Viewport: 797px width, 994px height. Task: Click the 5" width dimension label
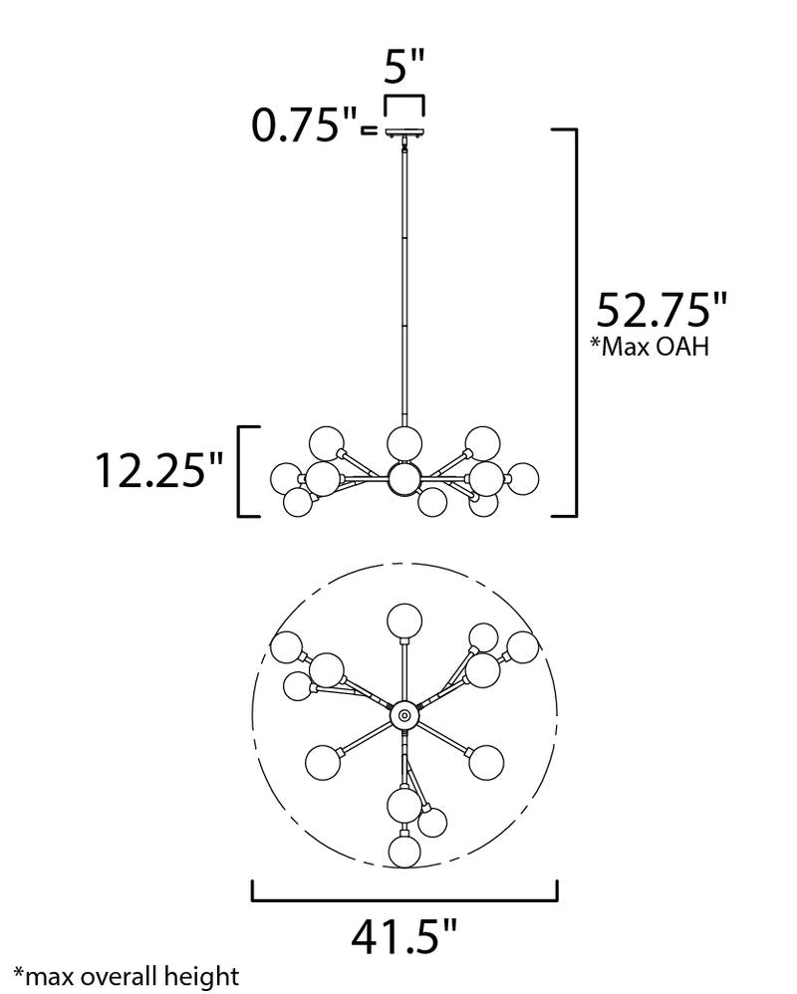[403, 66]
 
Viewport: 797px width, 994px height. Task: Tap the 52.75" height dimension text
[661, 311]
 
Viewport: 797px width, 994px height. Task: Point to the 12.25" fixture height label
[159, 470]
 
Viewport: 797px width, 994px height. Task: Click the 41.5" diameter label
[403, 937]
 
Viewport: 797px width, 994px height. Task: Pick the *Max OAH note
[650, 347]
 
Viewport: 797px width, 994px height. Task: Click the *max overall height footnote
[127, 976]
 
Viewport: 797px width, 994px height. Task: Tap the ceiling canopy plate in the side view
[404, 132]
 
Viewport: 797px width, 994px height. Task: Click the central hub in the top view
[404, 716]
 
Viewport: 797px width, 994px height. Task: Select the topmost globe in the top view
[404, 620]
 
